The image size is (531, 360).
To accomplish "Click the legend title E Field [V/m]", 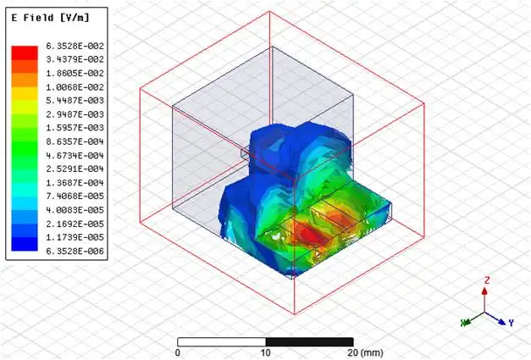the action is click(x=50, y=18).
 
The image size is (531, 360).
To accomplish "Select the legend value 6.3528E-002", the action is click(x=75, y=46).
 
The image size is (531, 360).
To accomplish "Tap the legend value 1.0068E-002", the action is click(x=75, y=87).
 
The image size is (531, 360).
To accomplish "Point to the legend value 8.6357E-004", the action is click(x=75, y=141).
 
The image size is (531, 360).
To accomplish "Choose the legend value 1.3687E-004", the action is click(x=75, y=182).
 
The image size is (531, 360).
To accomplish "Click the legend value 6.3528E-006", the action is click(x=75, y=251).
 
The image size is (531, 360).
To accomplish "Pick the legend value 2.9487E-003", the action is click(x=75, y=114).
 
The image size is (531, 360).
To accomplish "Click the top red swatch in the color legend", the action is click(x=25, y=53).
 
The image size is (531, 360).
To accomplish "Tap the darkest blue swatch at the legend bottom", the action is click(x=25, y=244).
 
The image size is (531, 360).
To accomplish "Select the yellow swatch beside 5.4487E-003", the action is click(x=25, y=94).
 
